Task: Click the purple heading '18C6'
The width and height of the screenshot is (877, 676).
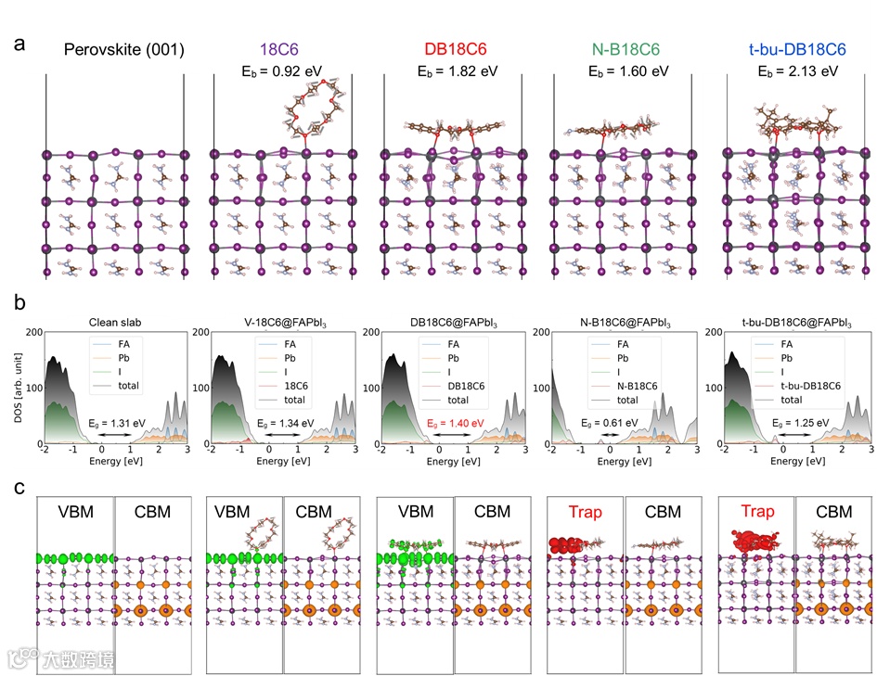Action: click(x=279, y=49)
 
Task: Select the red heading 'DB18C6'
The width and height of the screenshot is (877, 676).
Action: click(x=449, y=49)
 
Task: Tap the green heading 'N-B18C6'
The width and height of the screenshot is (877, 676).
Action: click(x=617, y=49)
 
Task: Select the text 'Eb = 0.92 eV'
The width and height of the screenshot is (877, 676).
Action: click(x=279, y=71)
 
